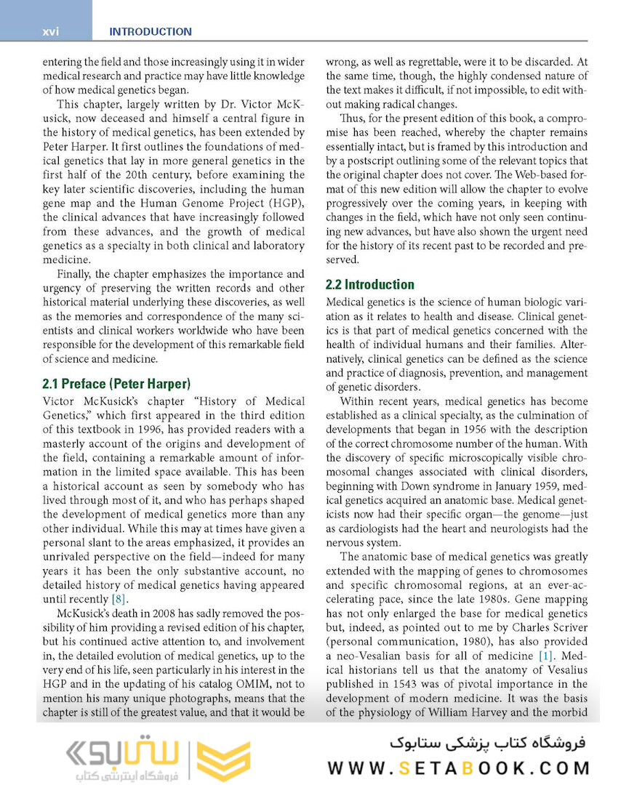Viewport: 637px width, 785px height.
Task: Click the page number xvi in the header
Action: tap(50, 31)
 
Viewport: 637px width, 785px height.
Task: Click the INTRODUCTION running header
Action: tap(150, 31)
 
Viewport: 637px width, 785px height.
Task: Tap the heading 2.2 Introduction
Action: tap(370, 284)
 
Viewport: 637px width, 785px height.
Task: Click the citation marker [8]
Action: tap(120, 598)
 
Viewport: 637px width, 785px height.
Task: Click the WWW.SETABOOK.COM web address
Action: tap(459, 768)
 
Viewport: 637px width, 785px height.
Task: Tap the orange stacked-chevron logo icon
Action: tap(224, 761)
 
